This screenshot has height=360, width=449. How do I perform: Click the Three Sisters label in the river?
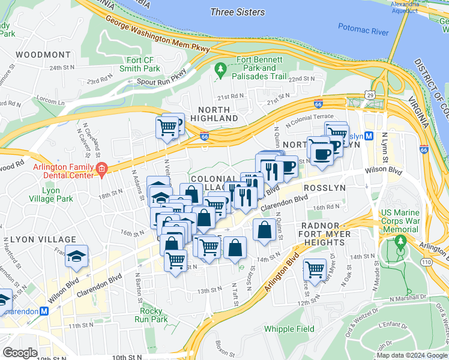tap(238, 11)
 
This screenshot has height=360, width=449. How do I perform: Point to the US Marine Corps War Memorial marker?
tap(400, 243)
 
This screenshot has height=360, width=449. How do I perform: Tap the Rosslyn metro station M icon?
tap(369, 136)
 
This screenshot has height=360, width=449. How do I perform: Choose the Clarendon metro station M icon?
tap(44, 311)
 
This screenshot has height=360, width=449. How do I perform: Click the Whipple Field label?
tap(289, 329)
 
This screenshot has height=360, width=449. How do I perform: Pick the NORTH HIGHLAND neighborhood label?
tap(214, 114)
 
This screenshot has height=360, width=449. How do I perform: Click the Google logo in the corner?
tap(20, 353)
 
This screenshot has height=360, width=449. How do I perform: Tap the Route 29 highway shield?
tap(370, 95)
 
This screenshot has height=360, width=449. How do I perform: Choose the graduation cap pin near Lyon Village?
tap(76, 256)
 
